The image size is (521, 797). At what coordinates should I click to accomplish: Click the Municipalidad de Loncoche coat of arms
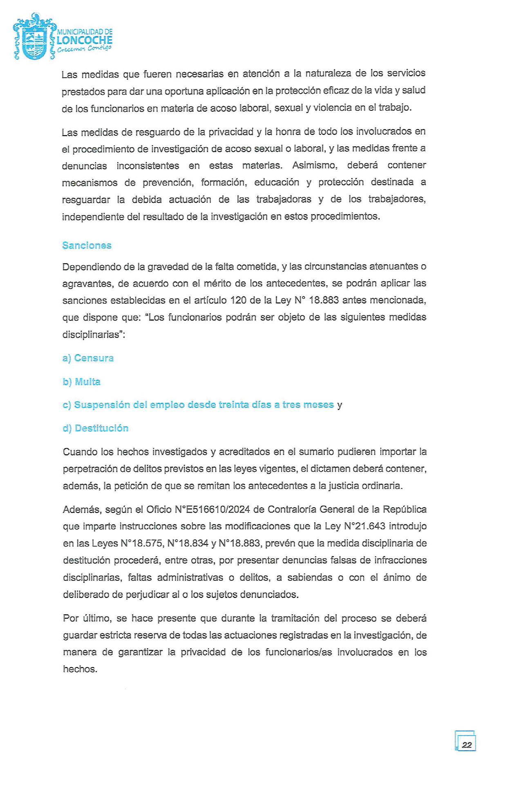point(34,38)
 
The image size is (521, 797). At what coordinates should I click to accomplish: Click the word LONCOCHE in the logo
point(85,40)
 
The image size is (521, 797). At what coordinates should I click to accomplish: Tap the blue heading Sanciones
point(87,245)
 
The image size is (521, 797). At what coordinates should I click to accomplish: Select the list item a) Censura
point(88,358)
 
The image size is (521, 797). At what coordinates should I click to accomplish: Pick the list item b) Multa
point(81,382)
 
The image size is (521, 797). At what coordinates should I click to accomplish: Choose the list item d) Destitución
point(96,428)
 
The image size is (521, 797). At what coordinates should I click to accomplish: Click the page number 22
point(466,745)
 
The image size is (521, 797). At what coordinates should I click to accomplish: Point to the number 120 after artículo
point(238,300)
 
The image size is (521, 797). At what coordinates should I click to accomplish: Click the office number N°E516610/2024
point(212,509)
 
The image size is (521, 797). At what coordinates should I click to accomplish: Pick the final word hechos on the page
point(79,669)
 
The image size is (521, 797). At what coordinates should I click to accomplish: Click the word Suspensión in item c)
point(99,405)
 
